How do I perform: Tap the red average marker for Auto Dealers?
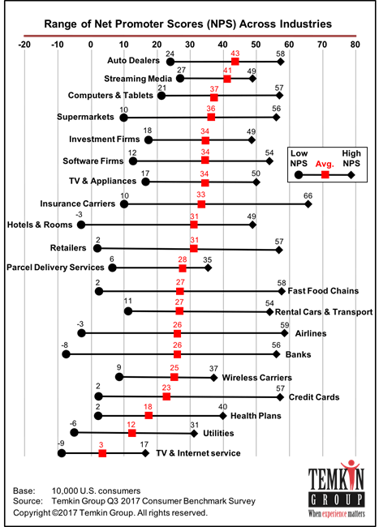(235, 62)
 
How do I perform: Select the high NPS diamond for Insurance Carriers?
(308, 204)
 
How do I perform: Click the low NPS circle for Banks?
(66, 353)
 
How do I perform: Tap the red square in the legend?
(325, 174)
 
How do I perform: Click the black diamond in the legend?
(351, 174)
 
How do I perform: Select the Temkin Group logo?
(333, 490)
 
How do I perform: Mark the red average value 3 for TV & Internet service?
(101, 444)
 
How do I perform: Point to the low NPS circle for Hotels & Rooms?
(80, 224)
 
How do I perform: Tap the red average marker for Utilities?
(131, 433)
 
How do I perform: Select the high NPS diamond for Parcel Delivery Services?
(208, 267)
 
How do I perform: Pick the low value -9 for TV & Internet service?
(62, 444)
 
